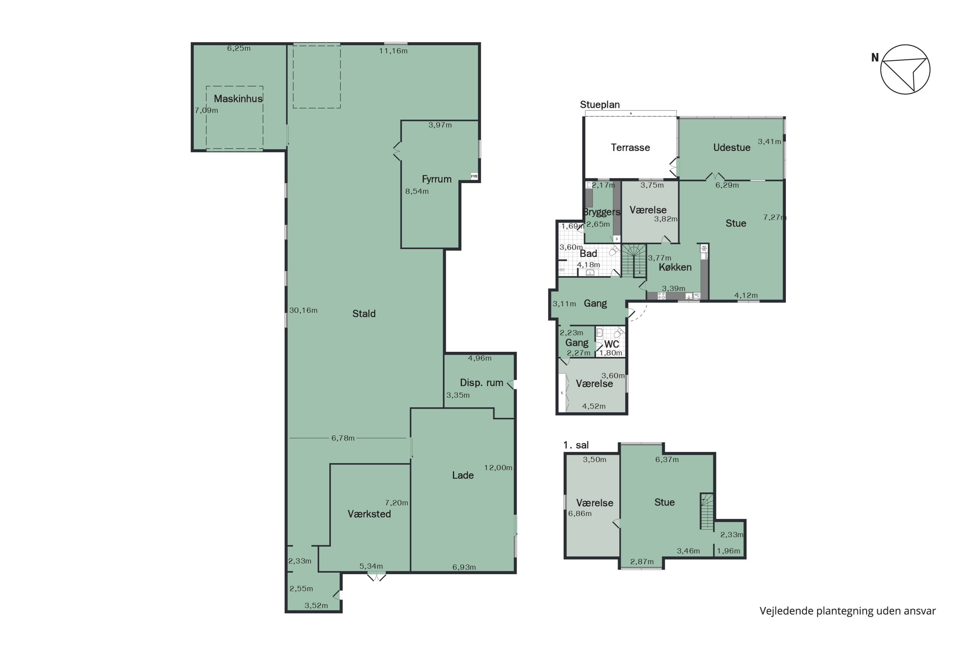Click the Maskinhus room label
(238, 99)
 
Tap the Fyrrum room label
(436, 179)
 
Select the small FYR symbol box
(474, 176)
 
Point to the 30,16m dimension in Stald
(304, 310)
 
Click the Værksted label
(369, 514)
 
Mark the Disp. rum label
(481, 383)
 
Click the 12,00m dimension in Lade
(498, 468)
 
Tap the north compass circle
(905, 69)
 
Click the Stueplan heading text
(600, 104)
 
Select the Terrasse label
(630, 147)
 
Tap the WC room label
(611, 344)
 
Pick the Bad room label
(588, 253)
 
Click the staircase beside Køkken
(634, 260)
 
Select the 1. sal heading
(576, 445)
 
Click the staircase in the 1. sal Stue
(707, 511)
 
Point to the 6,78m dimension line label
(343, 438)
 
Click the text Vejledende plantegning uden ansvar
(848, 611)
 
